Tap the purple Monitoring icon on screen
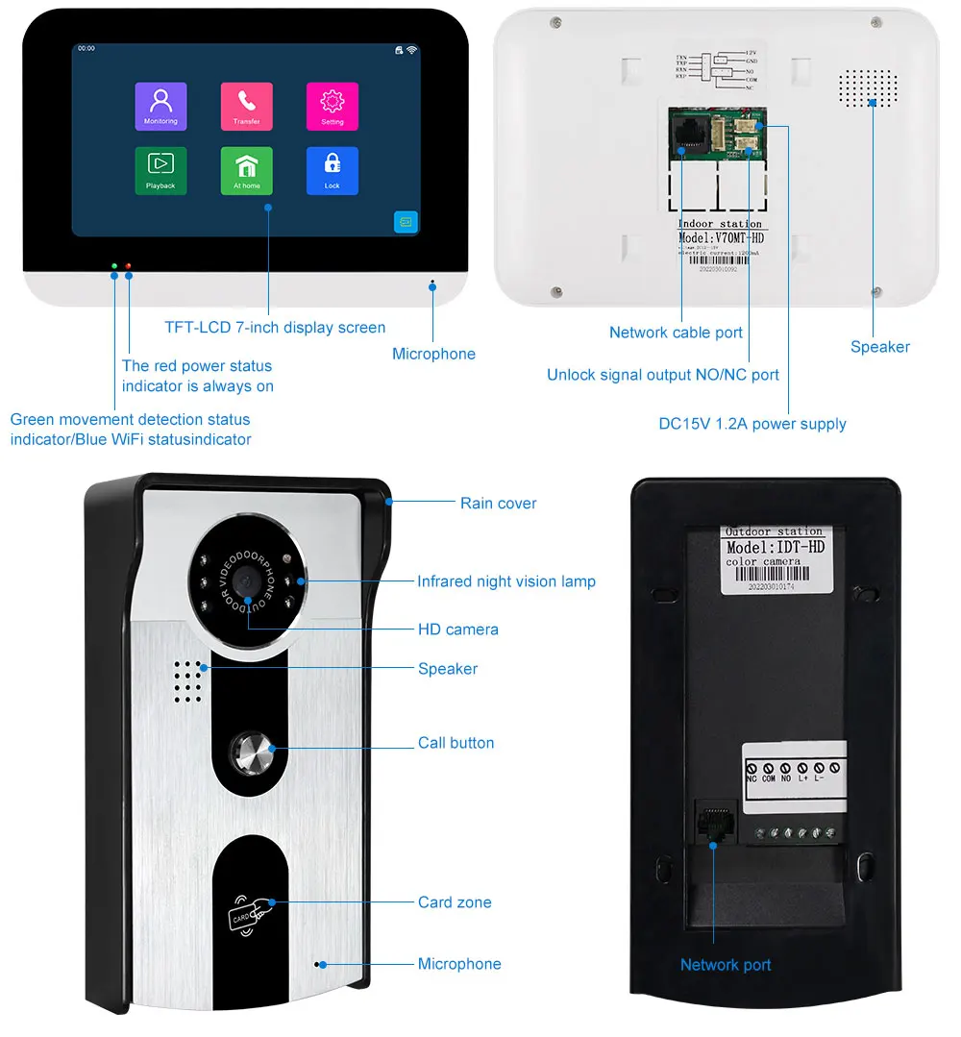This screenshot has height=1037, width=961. pos(160,105)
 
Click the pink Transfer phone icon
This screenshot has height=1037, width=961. pos(246,105)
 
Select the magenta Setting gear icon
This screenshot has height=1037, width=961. pos(332,105)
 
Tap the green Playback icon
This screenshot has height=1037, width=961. pos(160,169)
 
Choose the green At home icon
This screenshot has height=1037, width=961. pos(246,169)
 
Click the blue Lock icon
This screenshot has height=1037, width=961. pos(332,169)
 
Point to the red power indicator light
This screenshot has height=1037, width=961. pos(128,265)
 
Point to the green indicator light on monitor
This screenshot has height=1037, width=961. pos(114,265)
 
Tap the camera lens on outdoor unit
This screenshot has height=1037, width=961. pos(247,581)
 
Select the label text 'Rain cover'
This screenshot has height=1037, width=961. pos(498,503)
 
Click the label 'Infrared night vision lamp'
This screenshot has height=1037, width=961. pos(505,581)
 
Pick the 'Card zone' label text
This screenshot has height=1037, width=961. pos(455,902)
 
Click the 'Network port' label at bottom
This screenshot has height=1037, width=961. pos(726,965)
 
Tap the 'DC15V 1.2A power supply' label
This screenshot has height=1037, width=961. pos(752,424)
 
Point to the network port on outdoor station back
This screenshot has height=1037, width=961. pos(711,823)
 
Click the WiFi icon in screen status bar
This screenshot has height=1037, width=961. pos(411,48)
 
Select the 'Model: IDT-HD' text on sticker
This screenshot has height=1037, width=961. pos(775,547)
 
